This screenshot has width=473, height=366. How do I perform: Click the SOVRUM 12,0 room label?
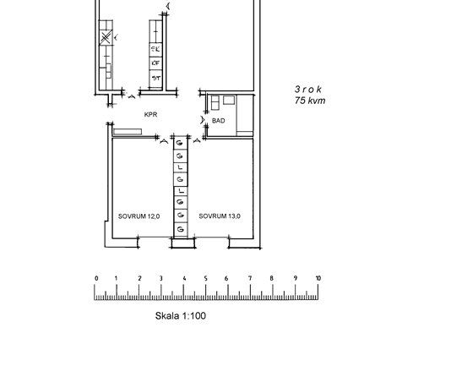click(139, 216)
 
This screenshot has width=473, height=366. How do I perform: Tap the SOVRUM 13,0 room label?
click(220, 216)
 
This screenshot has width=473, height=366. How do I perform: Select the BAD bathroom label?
click(219, 121)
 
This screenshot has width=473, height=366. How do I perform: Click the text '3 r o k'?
click(309, 89)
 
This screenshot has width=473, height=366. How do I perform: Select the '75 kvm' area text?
click(309, 101)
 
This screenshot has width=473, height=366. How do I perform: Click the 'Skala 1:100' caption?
click(180, 316)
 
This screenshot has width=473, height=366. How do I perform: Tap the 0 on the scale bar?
click(96, 278)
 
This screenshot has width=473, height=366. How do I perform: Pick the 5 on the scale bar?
click(207, 278)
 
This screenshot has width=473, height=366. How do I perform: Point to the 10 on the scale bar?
click(318, 278)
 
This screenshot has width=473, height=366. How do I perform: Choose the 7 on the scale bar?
click(251, 278)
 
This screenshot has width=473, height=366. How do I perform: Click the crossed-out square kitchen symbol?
click(105, 38)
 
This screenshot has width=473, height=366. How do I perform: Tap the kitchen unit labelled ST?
click(155, 78)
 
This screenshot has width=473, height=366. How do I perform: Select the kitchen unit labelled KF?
click(155, 63)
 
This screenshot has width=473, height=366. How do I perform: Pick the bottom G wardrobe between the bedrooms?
click(180, 229)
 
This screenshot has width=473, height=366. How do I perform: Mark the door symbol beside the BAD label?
click(202, 120)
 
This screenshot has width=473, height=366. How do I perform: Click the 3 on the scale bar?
click(162, 278)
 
